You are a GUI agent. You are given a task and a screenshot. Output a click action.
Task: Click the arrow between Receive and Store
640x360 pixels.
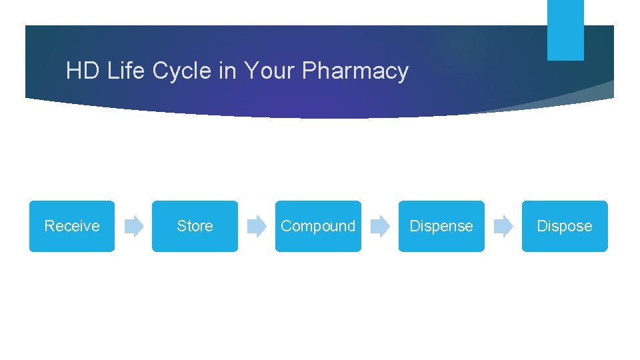point(134,227)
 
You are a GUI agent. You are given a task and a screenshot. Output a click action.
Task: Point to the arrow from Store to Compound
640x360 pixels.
point(257,227)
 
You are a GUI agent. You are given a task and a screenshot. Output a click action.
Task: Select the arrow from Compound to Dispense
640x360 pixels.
point(380,227)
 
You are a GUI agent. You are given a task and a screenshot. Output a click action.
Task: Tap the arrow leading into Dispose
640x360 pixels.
point(503,227)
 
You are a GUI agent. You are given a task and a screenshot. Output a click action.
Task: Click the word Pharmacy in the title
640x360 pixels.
point(355,71)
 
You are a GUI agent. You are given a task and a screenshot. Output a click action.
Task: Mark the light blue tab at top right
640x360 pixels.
point(565,30)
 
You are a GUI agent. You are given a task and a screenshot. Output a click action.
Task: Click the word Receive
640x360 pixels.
point(72,226)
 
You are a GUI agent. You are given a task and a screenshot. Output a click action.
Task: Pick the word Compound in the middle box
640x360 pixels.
point(318,227)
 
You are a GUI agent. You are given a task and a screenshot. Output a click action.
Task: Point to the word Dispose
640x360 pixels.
point(565,227)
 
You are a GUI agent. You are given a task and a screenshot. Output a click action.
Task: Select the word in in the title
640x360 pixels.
point(227,71)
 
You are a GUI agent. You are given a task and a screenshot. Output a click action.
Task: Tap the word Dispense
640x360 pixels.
point(441,226)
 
